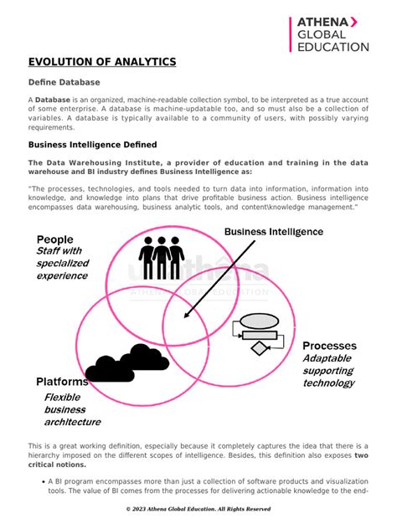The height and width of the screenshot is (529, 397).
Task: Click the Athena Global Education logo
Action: tap(328, 33)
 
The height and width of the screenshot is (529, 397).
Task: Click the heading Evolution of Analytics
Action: tap(101, 62)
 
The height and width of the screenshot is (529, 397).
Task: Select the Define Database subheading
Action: tap(64, 83)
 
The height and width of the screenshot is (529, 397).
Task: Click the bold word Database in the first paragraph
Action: tap(52, 100)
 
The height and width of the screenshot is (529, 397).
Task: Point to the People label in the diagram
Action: tap(54, 239)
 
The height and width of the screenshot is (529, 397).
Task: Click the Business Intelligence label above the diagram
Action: tap(273, 231)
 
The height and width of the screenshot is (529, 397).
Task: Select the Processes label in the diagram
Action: tap(329, 346)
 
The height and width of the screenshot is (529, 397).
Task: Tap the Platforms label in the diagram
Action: tap(62, 382)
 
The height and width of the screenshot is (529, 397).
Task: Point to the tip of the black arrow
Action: tap(185, 316)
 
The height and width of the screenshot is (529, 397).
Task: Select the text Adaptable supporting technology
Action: tap(328, 371)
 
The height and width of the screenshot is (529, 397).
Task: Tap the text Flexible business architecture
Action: tap(71, 409)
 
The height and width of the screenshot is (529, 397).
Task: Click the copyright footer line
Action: tap(198, 508)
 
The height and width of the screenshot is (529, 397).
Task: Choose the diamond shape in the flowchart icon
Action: tap(259, 347)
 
